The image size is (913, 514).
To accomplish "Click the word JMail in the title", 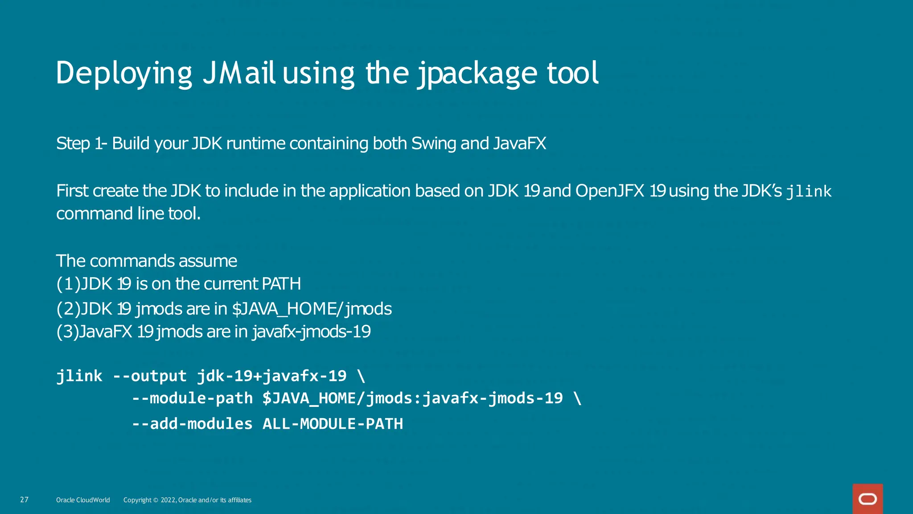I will [x=239, y=73].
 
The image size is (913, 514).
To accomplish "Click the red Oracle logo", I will [x=868, y=499].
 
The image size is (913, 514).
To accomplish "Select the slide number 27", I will [x=25, y=500].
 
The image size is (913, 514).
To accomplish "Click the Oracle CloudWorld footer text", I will [x=83, y=500].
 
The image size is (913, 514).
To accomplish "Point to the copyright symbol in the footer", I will [x=156, y=500].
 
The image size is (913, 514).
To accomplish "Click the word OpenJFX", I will [x=609, y=191].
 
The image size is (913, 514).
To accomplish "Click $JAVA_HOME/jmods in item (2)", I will [x=312, y=309].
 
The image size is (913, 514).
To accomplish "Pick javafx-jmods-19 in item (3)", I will [x=311, y=332].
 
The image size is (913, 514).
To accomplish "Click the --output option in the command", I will [x=149, y=376].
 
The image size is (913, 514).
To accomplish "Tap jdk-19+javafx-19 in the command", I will [x=271, y=376].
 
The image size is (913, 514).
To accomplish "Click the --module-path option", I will [x=192, y=398].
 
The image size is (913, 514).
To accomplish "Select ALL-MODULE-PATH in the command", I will [x=333, y=424].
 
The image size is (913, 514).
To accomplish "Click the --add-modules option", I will [x=192, y=424].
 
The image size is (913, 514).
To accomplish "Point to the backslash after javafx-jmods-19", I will [x=578, y=398].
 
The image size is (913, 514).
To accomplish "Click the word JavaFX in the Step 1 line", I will [x=519, y=144].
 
